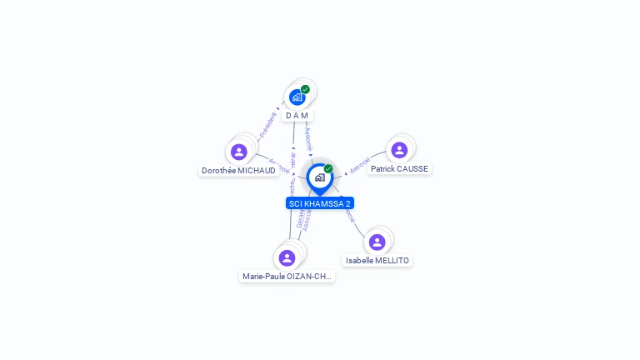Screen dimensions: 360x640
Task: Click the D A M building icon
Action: point(297,97)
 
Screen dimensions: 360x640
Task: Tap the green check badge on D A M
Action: point(305,89)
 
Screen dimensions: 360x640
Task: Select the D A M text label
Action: point(297,115)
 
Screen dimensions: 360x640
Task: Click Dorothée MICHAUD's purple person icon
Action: point(239,152)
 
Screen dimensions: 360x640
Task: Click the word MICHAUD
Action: point(257,171)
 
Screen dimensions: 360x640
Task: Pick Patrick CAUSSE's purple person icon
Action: point(399,150)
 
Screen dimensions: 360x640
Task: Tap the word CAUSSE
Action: point(412,169)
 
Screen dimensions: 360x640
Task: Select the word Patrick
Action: point(383,169)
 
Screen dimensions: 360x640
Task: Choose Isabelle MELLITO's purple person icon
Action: point(377,242)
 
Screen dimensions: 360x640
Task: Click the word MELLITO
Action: point(392,261)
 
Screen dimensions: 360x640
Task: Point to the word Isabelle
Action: point(360,261)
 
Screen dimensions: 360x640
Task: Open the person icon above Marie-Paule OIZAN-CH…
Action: point(287,257)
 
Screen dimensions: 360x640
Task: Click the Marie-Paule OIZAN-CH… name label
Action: point(287,277)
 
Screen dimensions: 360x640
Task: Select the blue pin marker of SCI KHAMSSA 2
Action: point(319,177)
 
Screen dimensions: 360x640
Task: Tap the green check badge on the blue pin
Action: point(328,168)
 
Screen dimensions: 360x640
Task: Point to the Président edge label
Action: point(267,125)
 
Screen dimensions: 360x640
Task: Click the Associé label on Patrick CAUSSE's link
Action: point(360,164)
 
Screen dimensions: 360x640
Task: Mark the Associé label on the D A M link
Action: point(308,137)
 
